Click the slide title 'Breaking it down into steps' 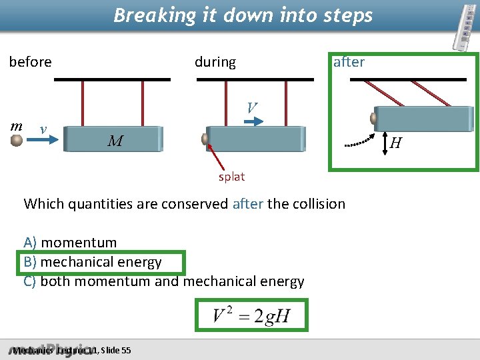(243, 15)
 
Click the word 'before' (30, 62)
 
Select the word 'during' (215, 62)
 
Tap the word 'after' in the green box (349, 62)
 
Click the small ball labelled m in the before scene (17, 140)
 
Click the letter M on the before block (115, 141)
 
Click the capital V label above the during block (251, 107)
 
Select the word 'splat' (231, 177)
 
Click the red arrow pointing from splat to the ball (218, 159)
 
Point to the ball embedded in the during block (206, 139)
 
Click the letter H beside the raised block (395, 143)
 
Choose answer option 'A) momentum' (70, 243)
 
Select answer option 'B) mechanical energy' (93, 262)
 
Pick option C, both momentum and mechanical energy (164, 281)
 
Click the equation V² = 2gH (251, 315)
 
